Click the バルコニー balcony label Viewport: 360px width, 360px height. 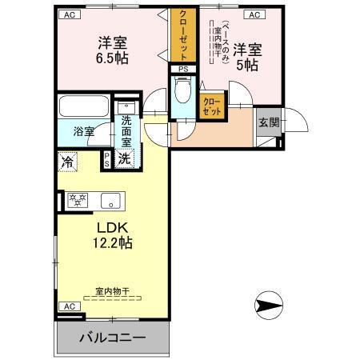tap(112, 338)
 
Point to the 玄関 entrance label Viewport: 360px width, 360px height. tap(269, 122)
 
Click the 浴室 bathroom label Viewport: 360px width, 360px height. tap(84, 131)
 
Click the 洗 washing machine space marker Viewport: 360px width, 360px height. tap(124, 158)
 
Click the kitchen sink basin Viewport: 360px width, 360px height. tap(110, 200)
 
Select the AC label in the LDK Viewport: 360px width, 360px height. tap(68, 306)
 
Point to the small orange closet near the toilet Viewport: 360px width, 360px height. tap(212, 106)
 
